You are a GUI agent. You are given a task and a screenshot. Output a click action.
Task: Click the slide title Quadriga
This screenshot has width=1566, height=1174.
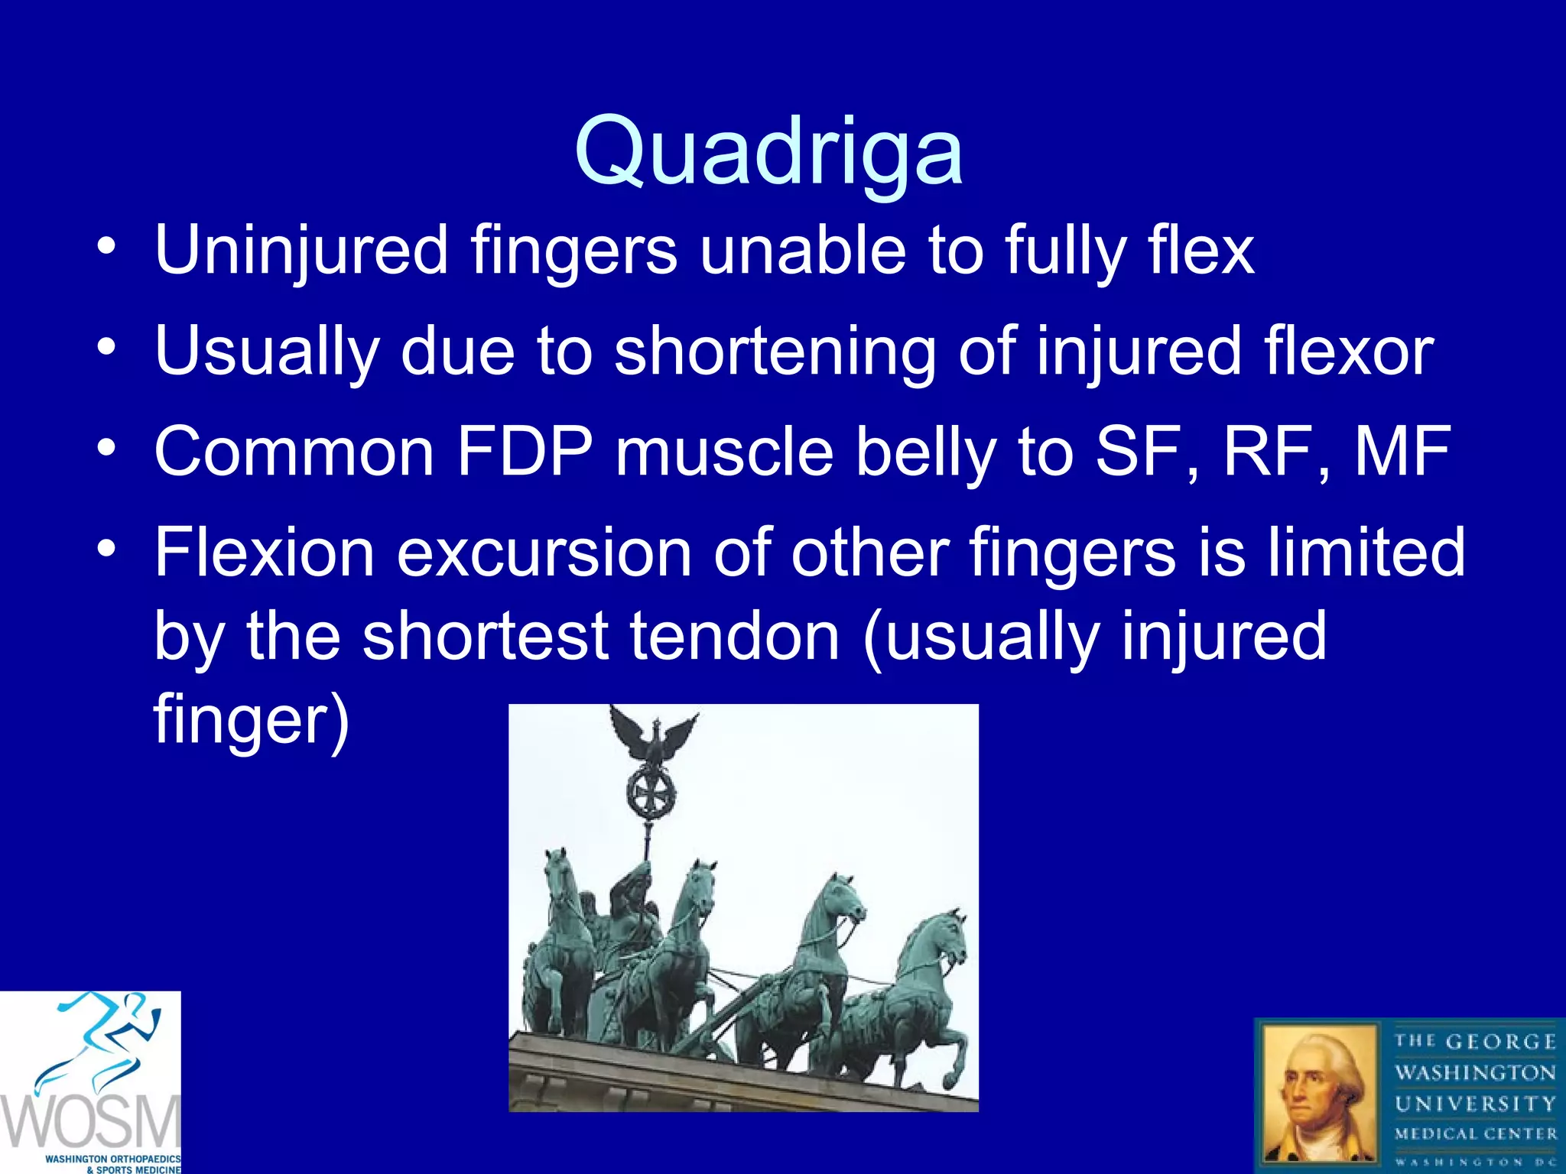point(768,151)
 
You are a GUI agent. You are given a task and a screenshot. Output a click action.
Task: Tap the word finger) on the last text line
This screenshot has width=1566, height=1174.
point(252,720)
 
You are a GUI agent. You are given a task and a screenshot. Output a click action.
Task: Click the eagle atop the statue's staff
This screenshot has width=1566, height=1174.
point(654,734)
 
